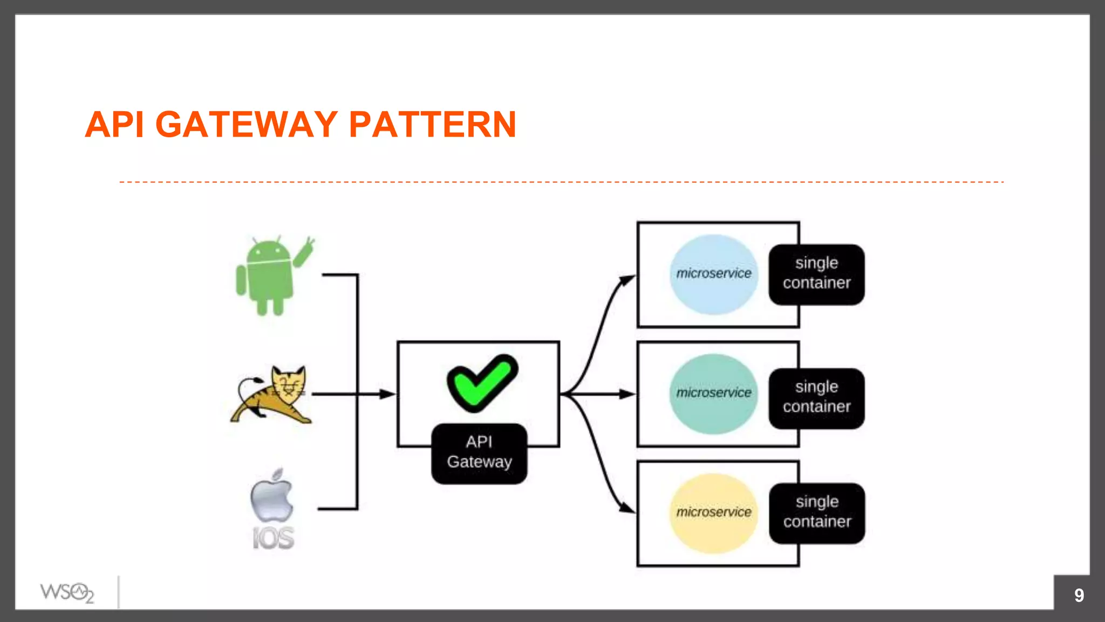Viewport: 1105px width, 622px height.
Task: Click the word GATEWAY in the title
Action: pos(247,125)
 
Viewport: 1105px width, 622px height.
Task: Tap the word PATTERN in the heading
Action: pos(432,125)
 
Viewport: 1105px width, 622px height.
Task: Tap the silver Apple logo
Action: pos(272,496)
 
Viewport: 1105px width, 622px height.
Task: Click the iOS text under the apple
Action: pos(274,538)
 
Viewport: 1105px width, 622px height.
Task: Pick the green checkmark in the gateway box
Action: pos(481,382)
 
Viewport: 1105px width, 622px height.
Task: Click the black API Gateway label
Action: pos(479,452)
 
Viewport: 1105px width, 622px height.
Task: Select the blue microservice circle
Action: pos(713,274)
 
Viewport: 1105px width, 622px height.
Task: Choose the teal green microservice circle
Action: pos(713,394)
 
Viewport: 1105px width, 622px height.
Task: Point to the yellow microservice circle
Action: pos(713,513)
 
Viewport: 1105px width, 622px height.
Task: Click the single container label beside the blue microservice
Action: pos(816,274)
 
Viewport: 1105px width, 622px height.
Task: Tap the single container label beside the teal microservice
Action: pos(816,397)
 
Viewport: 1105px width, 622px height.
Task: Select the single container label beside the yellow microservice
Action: pos(817,512)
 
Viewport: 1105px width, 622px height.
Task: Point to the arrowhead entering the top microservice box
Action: pos(627,280)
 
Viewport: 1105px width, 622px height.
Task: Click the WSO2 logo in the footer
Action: pos(67,592)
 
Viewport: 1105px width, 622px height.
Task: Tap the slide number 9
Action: pos(1079,595)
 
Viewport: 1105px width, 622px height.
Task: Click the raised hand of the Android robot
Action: pos(305,251)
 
